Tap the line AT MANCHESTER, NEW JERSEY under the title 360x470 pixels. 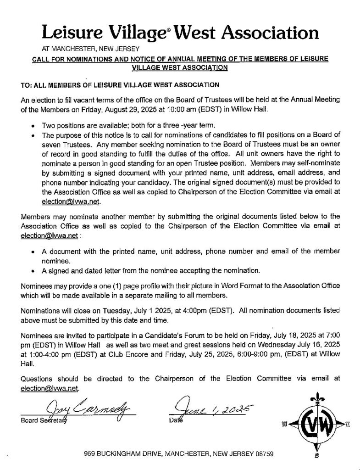(x=87, y=48)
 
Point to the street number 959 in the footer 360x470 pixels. (x=90, y=454)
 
